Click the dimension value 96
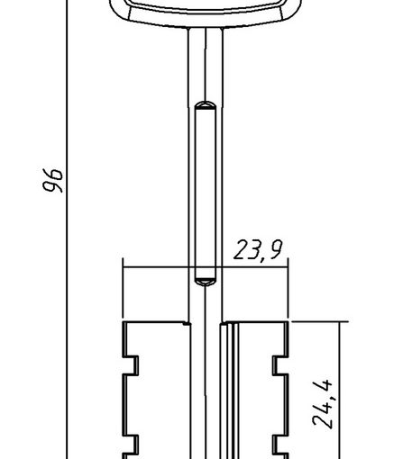click(53, 180)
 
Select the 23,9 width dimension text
click(258, 250)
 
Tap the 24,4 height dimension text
click(323, 404)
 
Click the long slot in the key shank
click(206, 193)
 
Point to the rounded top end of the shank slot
click(206, 105)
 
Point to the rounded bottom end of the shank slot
click(206, 282)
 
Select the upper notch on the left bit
click(133, 365)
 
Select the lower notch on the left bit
click(133, 445)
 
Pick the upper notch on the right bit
click(278, 365)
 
